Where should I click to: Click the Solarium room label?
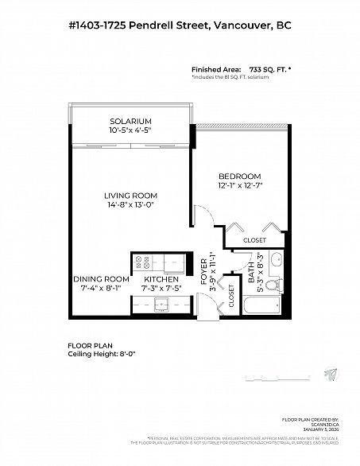(130, 121)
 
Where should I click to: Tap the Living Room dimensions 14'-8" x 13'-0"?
(130, 205)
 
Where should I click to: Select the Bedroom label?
(240, 176)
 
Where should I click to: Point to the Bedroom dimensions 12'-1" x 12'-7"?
(240, 185)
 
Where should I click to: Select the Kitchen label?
(160, 279)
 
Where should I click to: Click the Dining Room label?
(101, 279)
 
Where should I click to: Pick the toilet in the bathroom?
(273, 284)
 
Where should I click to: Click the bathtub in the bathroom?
(263, 305)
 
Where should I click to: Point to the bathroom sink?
(274, 260)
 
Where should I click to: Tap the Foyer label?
(203, 270)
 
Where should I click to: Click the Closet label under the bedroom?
(254, 239)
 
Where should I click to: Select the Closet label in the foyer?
(231, 296)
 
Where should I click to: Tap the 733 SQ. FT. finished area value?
(266, 70)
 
